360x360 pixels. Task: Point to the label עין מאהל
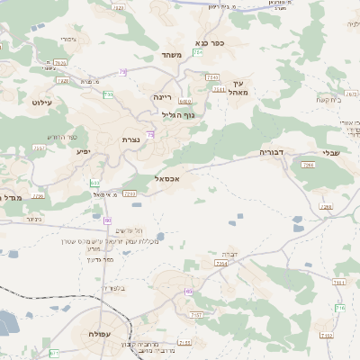tap(237, 87)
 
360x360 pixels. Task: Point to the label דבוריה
tap(271, 153)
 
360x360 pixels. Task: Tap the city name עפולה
tap(101, 334)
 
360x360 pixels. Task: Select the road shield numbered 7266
tap(308, 166)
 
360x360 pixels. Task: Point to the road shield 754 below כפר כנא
tap(211, 78)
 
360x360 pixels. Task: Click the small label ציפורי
tap(68, 40)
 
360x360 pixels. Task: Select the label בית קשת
tap(330, 100)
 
